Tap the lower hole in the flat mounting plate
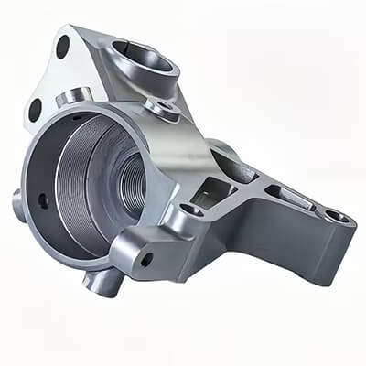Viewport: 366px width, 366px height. tap(35, 109)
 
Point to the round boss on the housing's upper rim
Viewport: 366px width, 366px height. tap(73, 96)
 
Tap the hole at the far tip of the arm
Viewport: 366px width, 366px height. tap(336, 216)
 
